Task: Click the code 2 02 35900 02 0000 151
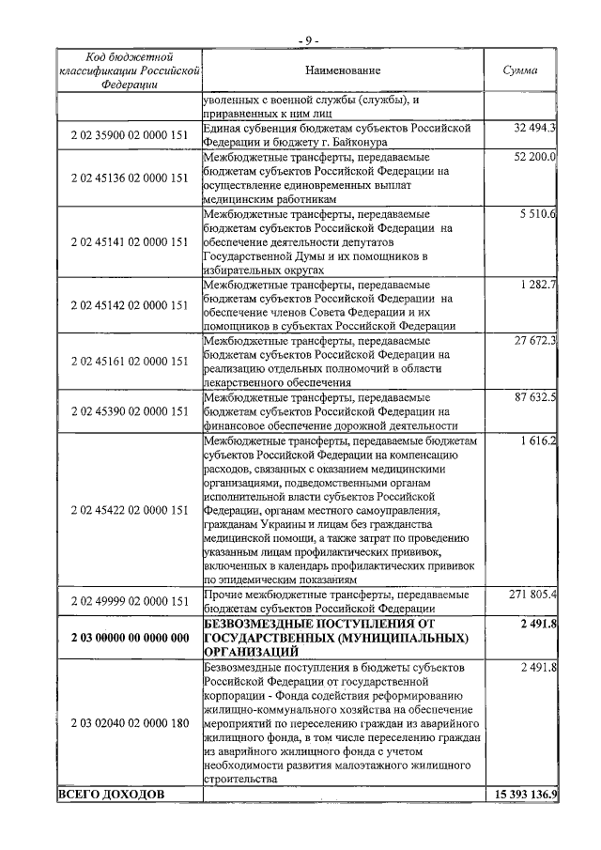tap(130, 136)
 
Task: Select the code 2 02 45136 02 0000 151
tap(130, 178)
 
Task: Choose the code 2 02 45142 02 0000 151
tap(130, 306)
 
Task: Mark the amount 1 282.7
tap(538, 285)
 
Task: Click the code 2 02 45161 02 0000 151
tap(130, 362)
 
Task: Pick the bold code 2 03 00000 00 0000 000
tap(130, 638)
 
